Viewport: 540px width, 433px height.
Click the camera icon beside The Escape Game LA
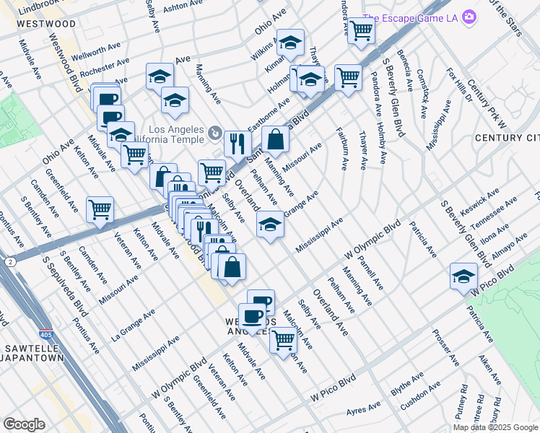[470, 16]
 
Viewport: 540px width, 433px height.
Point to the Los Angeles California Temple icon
[214, 132]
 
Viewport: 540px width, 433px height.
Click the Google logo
[24, 424]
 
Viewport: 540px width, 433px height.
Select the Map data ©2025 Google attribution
[495, 427]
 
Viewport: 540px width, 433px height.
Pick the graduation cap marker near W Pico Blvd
[463, 276]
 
